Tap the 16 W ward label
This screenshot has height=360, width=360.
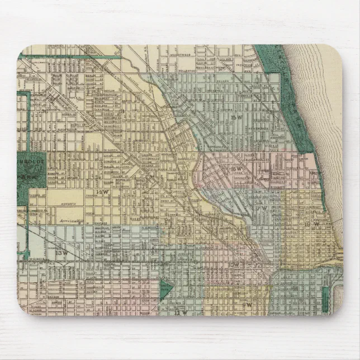point(238,168)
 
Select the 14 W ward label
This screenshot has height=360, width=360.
point(101,192)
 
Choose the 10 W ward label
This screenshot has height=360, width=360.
point(234,264)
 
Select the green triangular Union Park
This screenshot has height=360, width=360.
point(165,290)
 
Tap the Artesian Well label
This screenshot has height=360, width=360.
point(73,222)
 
